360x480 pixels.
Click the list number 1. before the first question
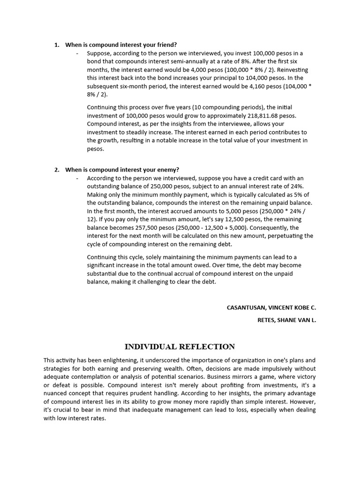[x=57, y=45]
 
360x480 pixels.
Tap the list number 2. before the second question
[x=57, y=170]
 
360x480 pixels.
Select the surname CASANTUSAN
[x=246, y=307]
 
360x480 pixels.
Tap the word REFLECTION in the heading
[x=207, y=347]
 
